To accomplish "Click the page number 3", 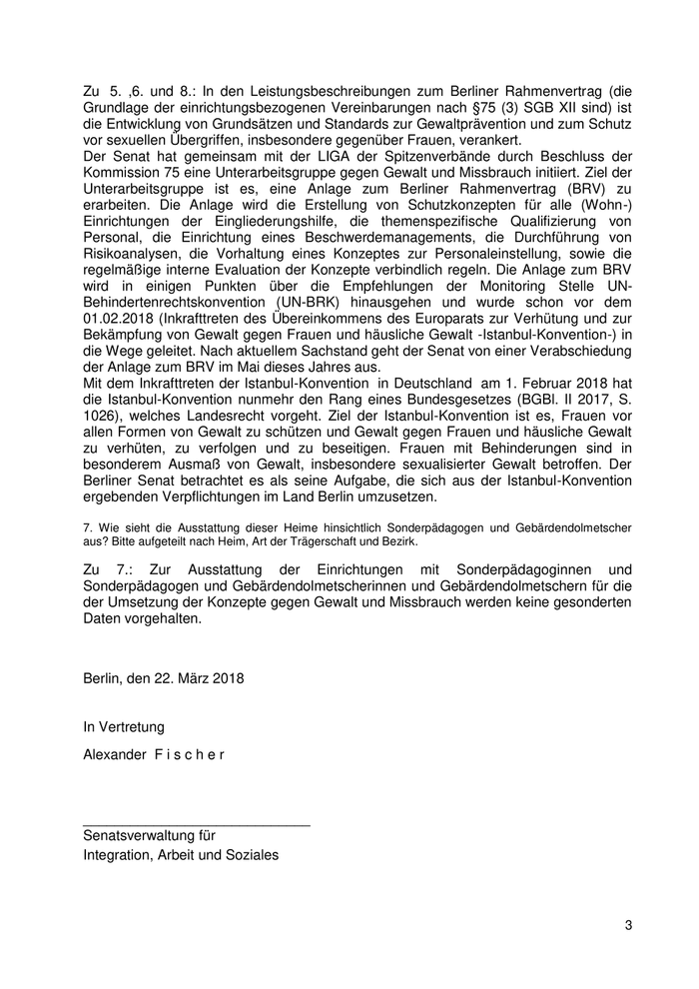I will pyautogui.click(x=629, y=925).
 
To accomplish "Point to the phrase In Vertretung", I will pyautogui.click(x=124, y=726).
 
